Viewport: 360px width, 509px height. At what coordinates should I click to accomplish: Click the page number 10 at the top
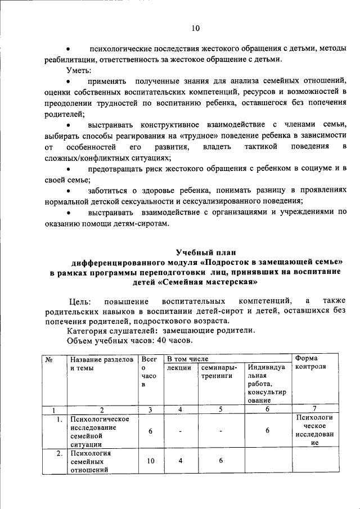tap(195, 28)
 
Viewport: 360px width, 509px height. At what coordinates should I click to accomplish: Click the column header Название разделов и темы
tap(101, 363)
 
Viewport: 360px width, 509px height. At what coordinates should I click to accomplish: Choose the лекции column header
tap(179, 367)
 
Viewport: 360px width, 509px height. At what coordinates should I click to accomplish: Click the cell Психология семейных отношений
tap(90, 461)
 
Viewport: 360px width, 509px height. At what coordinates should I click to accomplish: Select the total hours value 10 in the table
tap(150, 461)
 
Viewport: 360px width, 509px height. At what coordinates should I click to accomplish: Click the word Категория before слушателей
tap(87, 331)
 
